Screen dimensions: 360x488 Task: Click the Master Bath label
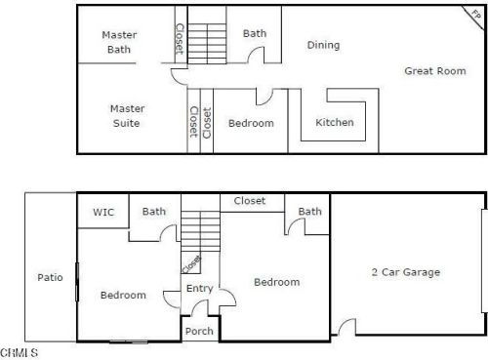click(x=119, y=42)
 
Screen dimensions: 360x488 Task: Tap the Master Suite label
click(x=125, y=116)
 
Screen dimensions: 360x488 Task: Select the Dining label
click(x=323, y=45)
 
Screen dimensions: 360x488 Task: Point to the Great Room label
click(x=435, y=70)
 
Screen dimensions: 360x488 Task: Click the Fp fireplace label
click(x=475, y=14)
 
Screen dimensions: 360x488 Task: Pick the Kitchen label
click(x=335, y=123)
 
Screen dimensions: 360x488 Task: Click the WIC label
click(x=103, y=212)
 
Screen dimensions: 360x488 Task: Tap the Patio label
click(x=50, y=277)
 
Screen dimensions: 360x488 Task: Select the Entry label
click(x=199, y=288)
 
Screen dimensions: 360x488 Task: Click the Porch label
click(x=199, y=331)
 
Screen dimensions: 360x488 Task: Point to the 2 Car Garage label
click(x=405, y=272)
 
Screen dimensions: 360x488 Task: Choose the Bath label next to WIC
click(x=154, y=211)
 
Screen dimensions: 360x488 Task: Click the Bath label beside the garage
click(x=310, y=212)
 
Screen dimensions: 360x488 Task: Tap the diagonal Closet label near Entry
click(x=191, y=263)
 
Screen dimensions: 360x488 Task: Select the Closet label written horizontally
click(x=249, y=201)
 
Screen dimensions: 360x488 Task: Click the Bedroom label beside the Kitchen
click(x=251, y=124)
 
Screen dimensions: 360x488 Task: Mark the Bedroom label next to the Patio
click(x=124, y=295)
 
